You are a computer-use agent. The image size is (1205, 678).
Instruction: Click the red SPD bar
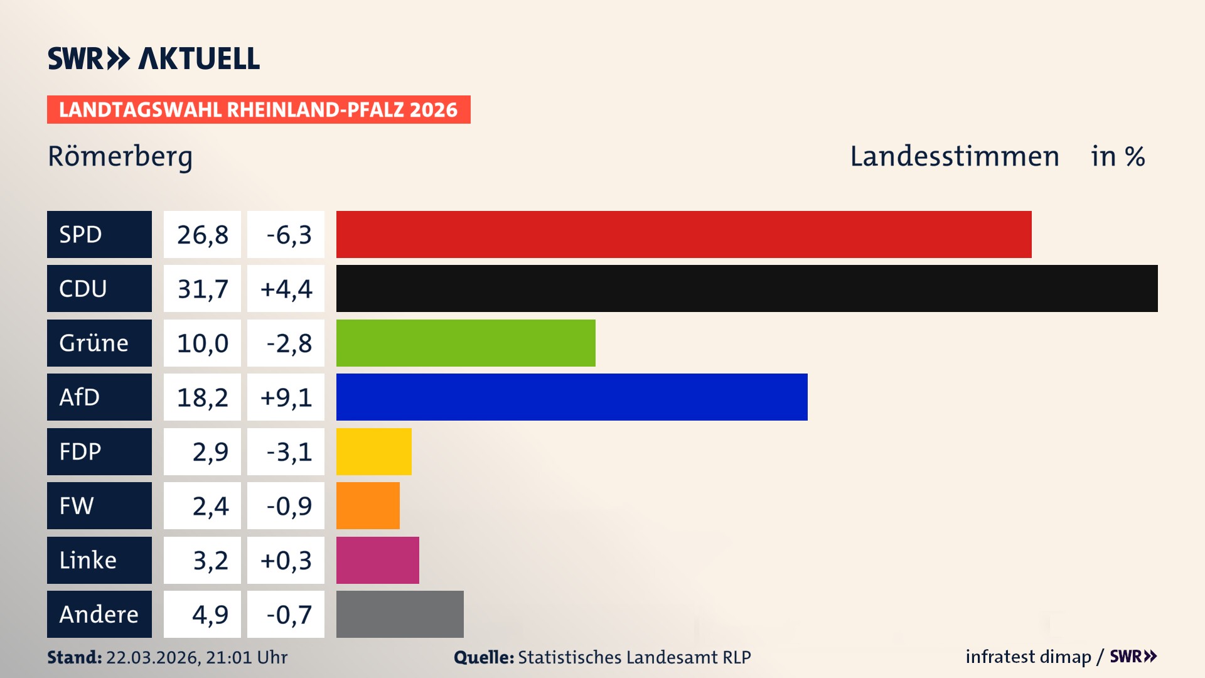tap(683, 234)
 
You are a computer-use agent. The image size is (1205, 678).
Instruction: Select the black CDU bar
tap(747, 289)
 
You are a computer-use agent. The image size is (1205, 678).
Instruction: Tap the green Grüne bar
tap(466, 343)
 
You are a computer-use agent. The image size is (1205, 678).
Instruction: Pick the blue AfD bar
tap(572, 397)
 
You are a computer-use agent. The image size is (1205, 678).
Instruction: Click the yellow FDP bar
tap(374, 451)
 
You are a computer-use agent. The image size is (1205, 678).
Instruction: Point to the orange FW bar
tap(368, 505)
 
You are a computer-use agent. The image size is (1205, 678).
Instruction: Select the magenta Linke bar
tap(378, 560)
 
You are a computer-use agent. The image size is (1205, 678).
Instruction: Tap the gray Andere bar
tap(400, 614)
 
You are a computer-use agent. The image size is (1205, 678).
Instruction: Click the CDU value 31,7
tap(202, 289)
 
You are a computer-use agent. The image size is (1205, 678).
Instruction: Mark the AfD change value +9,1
tap(286, 397)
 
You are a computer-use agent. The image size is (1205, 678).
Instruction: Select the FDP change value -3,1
tap(288, 451)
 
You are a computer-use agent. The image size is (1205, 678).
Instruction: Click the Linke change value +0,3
tap(286, 560)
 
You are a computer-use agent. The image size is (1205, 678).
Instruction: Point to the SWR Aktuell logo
tap(154, 58)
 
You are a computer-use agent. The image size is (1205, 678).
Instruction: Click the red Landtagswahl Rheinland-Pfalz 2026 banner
tap(259, 110)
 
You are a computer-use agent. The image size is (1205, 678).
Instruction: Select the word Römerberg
tap(120, 156)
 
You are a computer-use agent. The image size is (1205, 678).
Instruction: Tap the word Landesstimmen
tap(954, 156)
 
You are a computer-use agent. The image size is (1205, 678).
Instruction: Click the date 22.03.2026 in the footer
tap(153, 657)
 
